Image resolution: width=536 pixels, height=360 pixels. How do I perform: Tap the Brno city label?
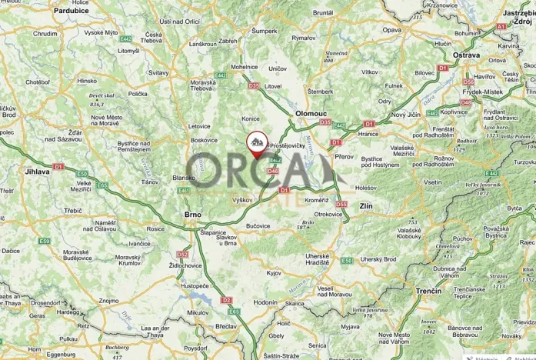[x=192, y=215]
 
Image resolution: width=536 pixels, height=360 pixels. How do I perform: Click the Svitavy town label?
[x=158, y=72]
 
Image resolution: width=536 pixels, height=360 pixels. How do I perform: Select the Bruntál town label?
[x=322, y=12]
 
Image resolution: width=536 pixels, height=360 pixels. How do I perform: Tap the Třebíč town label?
[x=73, y=210]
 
